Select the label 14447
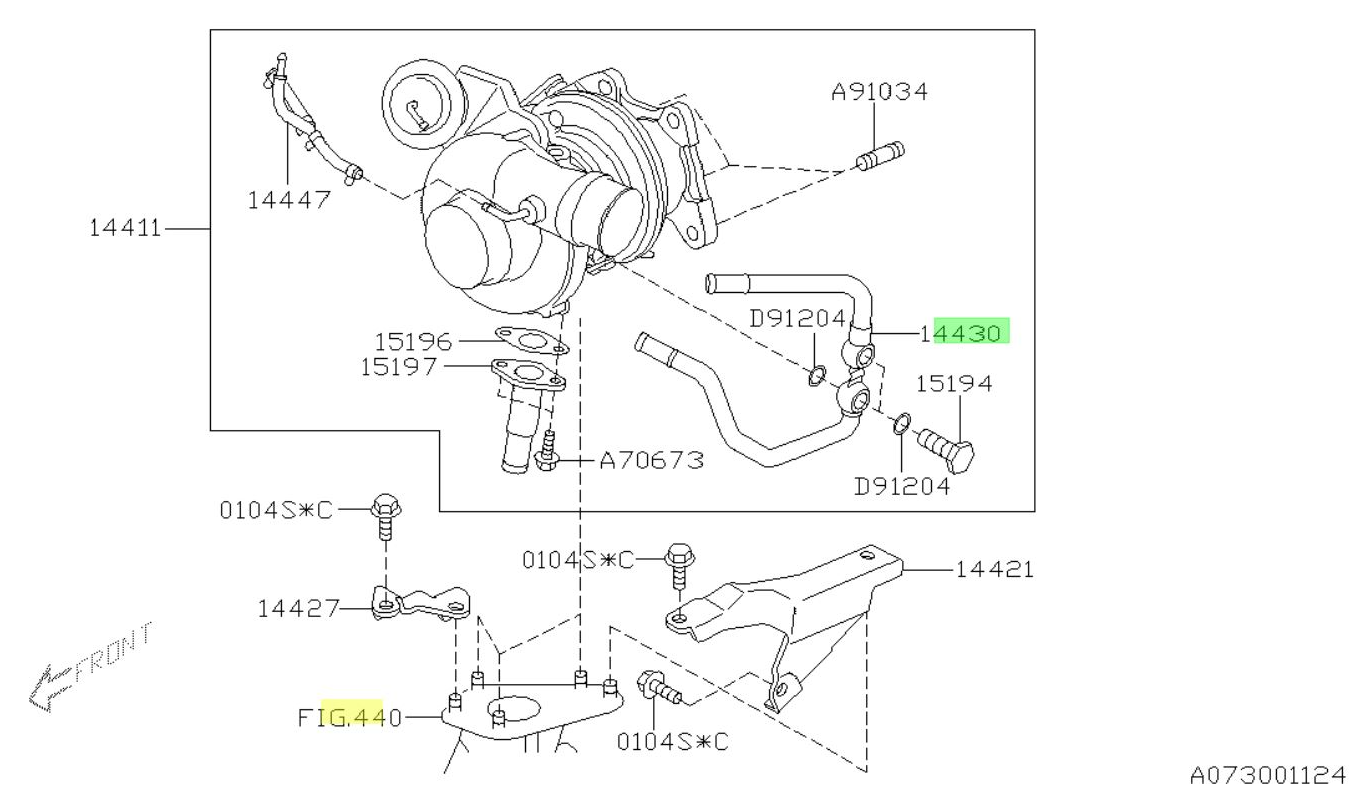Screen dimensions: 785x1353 coord(289,199)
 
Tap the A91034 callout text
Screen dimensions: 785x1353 coord(879,93)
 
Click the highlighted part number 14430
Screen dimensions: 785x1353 coord(965,332)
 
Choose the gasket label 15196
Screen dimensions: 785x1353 coord(413,341)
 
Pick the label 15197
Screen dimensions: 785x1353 coord(399,367)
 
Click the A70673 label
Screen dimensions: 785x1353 coord(652,461)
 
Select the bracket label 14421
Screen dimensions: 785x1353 coord(993,569)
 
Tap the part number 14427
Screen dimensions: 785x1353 coord(295,607)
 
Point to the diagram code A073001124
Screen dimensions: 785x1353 coord(1268,774)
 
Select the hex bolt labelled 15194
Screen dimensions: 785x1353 coord(949,446)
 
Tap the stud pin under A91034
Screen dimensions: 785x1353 coord(880,155)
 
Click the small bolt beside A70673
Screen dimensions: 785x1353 coord(548,452)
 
